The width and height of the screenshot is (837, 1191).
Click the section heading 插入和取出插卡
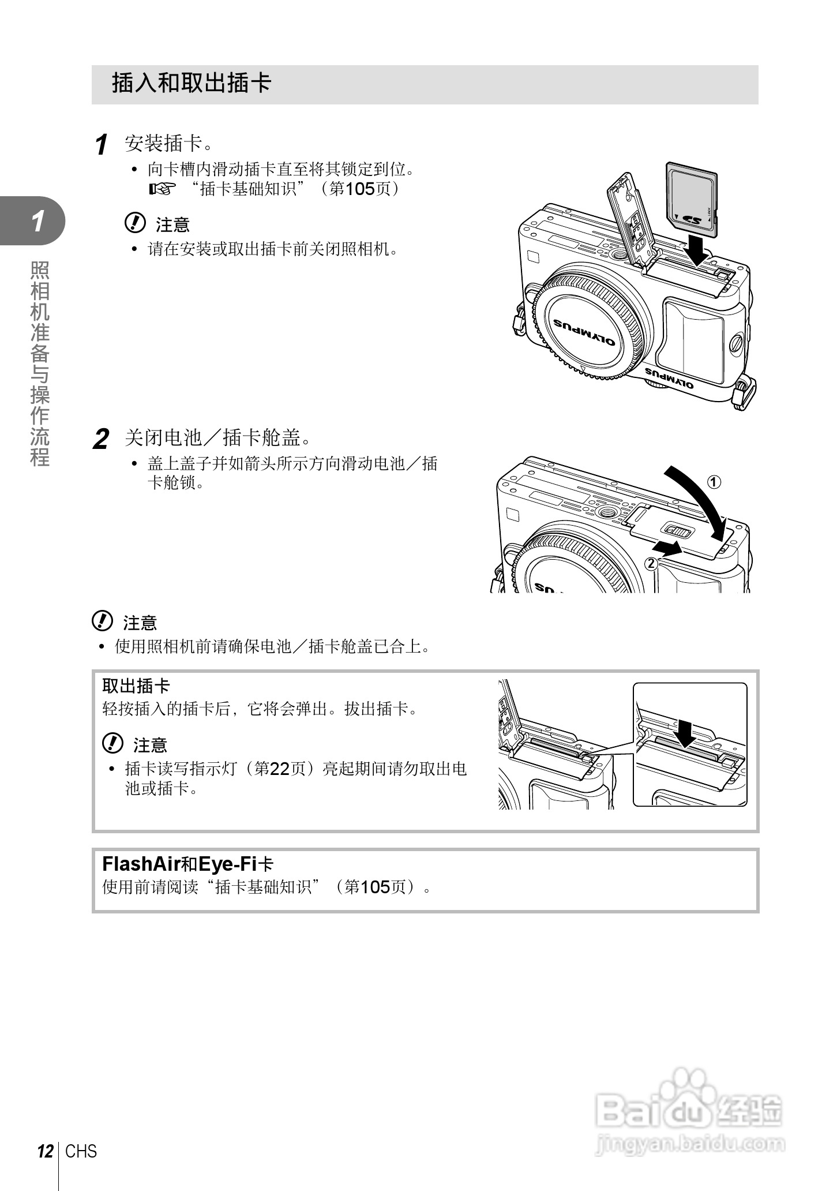click(192, 83)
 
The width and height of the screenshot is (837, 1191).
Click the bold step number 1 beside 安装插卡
click(102, 144)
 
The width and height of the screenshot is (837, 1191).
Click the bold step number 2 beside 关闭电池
click(101, 440)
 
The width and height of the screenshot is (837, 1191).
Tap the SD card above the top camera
click(692, 199)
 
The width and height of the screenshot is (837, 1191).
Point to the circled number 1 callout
click(714, 482)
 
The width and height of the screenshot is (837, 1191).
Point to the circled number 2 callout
click(651, 564)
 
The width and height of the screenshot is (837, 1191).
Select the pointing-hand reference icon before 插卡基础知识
click(161, 189)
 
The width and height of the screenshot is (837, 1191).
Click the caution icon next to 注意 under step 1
click(135, 223)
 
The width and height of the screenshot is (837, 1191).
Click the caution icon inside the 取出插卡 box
click(112, 744)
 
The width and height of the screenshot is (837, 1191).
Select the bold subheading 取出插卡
click(136, 686)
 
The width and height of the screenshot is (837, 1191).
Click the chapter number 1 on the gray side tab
click(37, 222)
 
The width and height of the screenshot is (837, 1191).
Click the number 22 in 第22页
click(279, 769)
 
